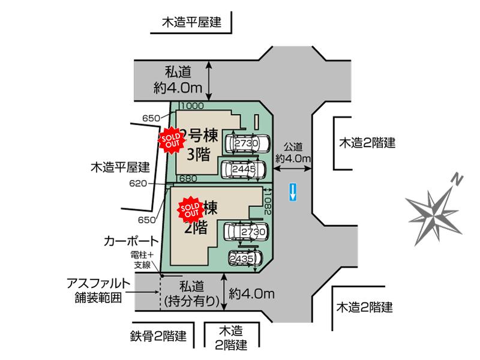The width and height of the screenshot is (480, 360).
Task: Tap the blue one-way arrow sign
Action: pyautogui.click(x=292, y=192)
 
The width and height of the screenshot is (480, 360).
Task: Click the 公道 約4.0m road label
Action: pyautogui.click(x=293, y=152)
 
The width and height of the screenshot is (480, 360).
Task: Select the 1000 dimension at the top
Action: pyautogui.click(x=192, y=106)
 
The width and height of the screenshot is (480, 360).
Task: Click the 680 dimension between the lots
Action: pyautogui.click(x=188, y=179)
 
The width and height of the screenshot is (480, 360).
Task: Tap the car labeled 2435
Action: pyautogui.click(x=245, y=258)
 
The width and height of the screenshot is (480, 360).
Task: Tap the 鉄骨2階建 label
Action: pyautogui.click(x=159, y=335)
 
